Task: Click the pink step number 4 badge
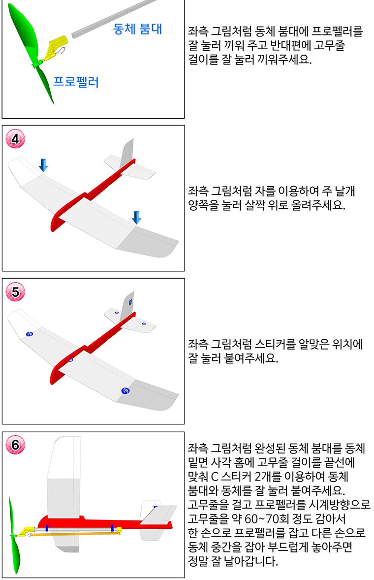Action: pos(15,139)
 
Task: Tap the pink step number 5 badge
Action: pos(15,292)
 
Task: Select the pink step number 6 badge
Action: pos(15,446)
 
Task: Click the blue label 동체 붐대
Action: pos(137,29)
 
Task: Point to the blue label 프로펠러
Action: pos(76,82)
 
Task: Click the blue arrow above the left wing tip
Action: pos(43,165)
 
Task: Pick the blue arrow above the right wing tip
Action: pos(137,217)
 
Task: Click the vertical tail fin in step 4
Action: pos(127,150)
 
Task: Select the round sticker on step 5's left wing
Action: pos(30,334)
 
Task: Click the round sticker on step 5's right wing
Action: pos(126,391)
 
